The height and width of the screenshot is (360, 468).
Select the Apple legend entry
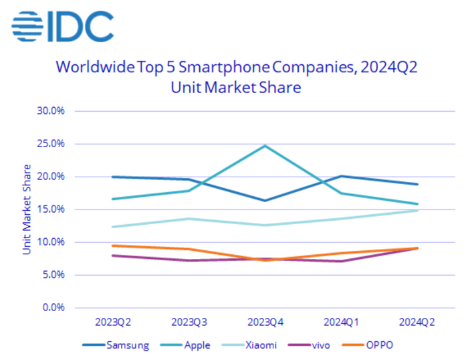(x=190, y=345)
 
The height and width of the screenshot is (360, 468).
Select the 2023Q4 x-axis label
(x=265, y=321)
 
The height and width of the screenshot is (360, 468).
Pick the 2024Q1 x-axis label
(x=342, y=321)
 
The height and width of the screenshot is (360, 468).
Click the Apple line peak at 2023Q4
(x=265, y=146)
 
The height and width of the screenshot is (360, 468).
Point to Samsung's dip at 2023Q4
(x=265, y=200)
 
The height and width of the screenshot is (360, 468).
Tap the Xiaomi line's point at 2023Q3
(x=189, y=219)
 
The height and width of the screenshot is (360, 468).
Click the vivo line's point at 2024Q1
(x=342, y=261)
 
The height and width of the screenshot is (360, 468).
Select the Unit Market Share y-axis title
(x=27, y=209)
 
